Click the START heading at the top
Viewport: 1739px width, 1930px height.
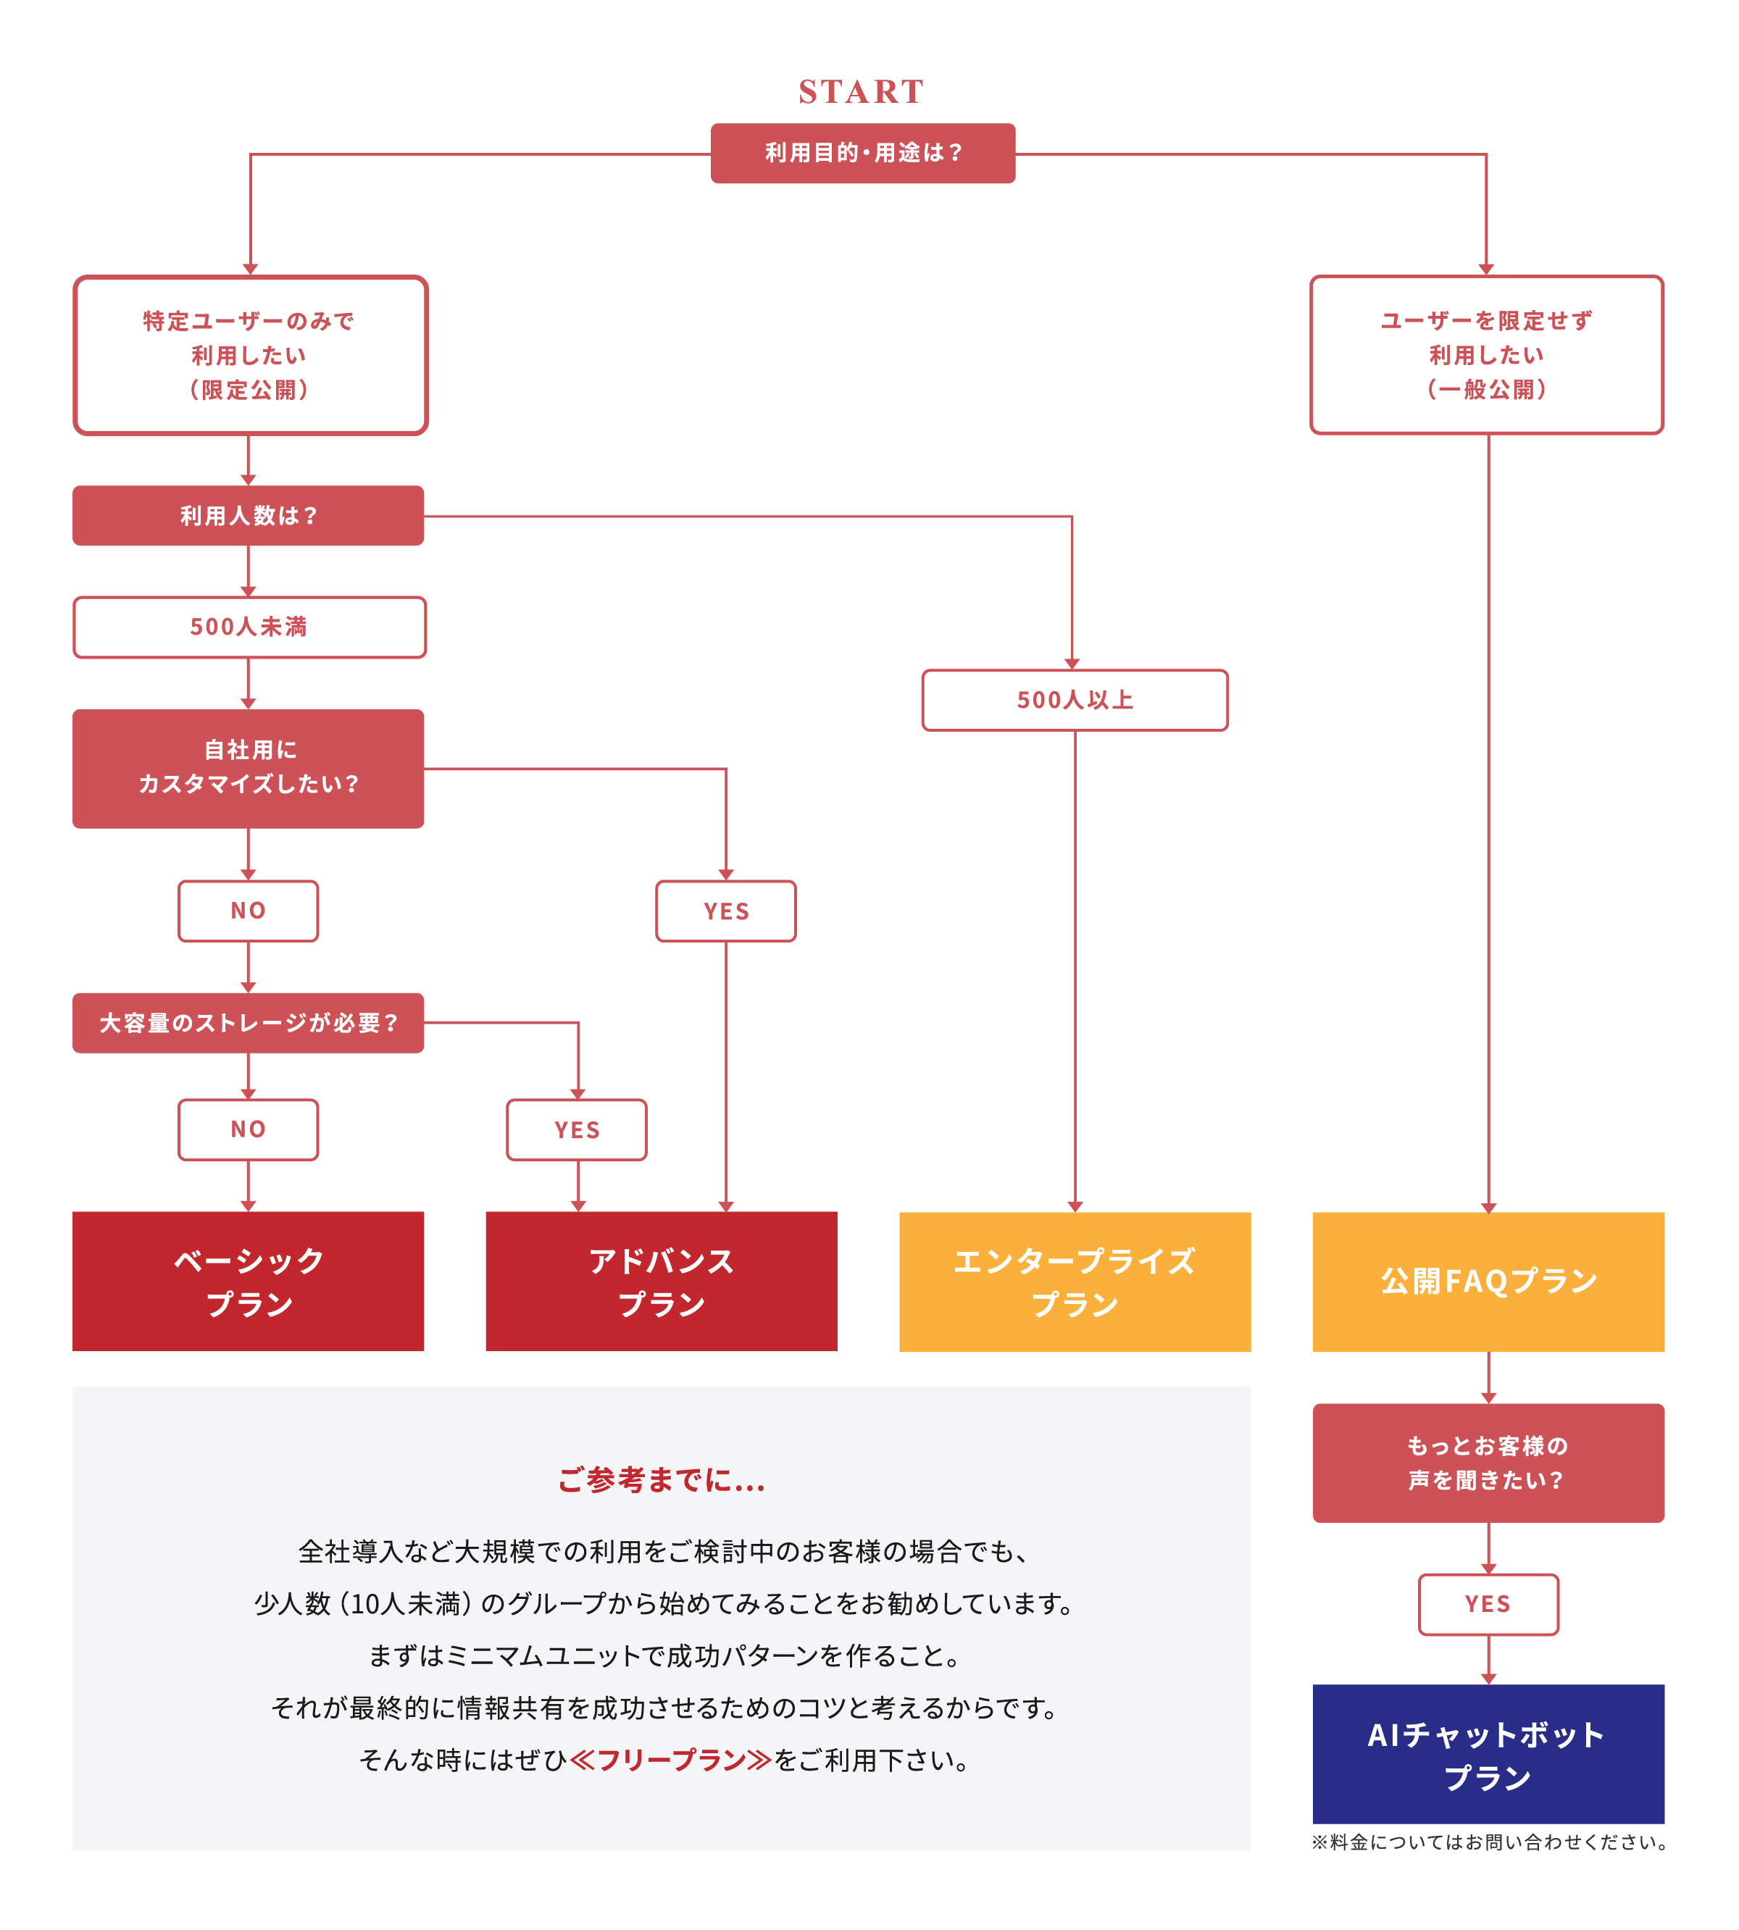(861, 92)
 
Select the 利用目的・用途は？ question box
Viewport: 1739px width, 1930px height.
(863, 153)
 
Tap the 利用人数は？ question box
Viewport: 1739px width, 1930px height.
(249, 516)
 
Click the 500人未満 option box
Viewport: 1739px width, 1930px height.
(249, 627)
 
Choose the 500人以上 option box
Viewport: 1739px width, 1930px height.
(1075, 701)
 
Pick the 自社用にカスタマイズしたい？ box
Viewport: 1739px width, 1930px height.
(249, 768)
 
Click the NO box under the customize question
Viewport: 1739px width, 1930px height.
(249, 911)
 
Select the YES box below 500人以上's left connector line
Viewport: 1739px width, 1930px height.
(726, 911)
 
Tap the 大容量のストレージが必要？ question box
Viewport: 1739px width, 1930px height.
(249, 1023)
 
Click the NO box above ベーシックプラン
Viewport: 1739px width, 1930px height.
(249, 1129)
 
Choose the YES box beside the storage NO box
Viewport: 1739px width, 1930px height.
(577, 1130)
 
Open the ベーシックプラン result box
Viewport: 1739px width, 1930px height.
(249, 1282)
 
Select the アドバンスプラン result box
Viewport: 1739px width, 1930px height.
(662, 1282)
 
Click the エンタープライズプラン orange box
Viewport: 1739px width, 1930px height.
(1075, 1282)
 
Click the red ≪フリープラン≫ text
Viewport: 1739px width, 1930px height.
(671, 1760)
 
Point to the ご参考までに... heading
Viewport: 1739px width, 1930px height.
(662, 1480)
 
